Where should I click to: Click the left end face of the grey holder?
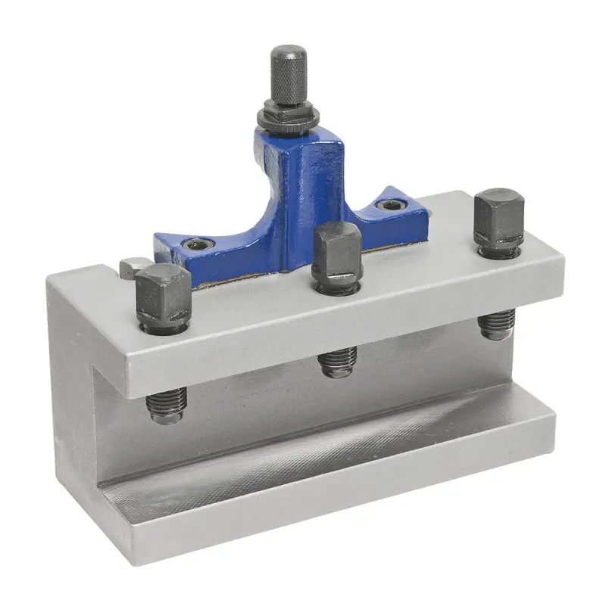pyautogui.click(x=72, y=393)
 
